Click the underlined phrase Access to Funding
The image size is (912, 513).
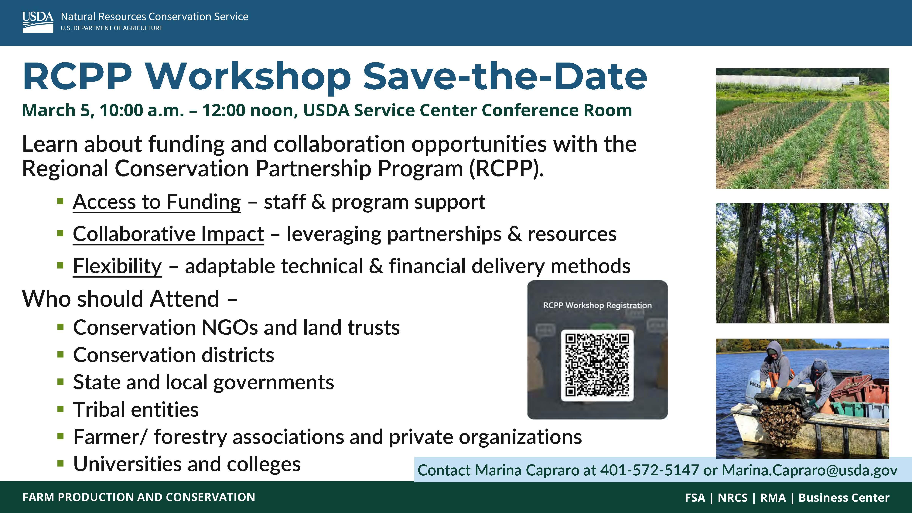[x=157, y=202]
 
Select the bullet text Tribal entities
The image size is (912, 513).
[x=136, y=410]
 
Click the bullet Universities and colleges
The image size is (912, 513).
[x=187, y=464]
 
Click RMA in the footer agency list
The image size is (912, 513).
[x=773, y=498]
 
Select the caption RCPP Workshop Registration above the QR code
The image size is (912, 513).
[x=597, y=305]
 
